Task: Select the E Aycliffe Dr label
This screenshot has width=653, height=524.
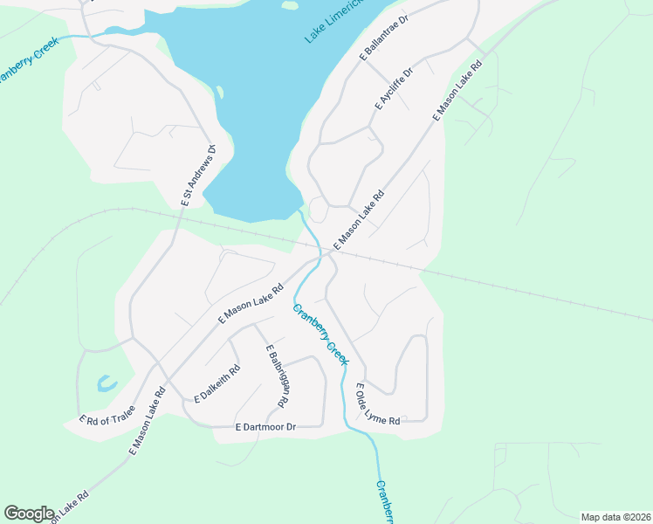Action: click(393, 87)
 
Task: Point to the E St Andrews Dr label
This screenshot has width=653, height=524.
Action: click(197, 176)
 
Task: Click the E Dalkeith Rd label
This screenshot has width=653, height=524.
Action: click(216, 383)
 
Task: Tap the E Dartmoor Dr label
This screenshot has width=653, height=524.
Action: click(266, 426)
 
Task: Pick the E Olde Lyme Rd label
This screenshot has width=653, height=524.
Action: click(378, 404)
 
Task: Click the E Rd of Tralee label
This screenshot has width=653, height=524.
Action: click(107, 415)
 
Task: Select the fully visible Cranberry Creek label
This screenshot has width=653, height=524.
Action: click(320, 334)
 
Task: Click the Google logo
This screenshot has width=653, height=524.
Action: click(29, 514)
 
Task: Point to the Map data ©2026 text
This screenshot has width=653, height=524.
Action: click(615, 516)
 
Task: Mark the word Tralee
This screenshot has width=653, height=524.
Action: click(121, 410)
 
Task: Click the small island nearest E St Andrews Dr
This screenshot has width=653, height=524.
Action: click(219, 92)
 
